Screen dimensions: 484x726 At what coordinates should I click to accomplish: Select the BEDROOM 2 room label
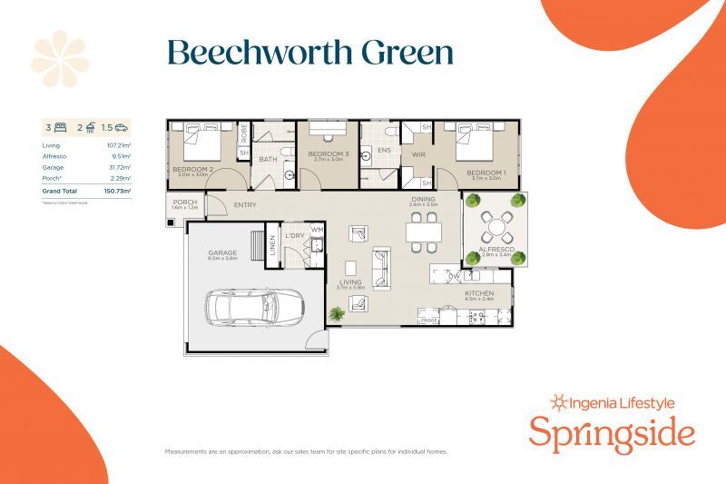point(192,169)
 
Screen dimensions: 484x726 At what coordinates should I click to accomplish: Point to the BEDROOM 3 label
point(328,153)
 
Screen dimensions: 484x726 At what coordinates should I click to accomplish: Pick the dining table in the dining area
point(424,232)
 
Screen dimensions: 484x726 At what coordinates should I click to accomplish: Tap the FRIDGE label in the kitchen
point(428,321)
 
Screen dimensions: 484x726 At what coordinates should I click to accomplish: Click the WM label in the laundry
point(317,230)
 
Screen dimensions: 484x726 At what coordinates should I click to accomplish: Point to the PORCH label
point(184,202)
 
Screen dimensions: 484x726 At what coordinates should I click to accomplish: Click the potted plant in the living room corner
point(337,313)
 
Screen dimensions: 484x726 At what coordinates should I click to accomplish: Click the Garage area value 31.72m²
point(119,168)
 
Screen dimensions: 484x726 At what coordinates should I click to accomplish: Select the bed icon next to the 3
point(62,128)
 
